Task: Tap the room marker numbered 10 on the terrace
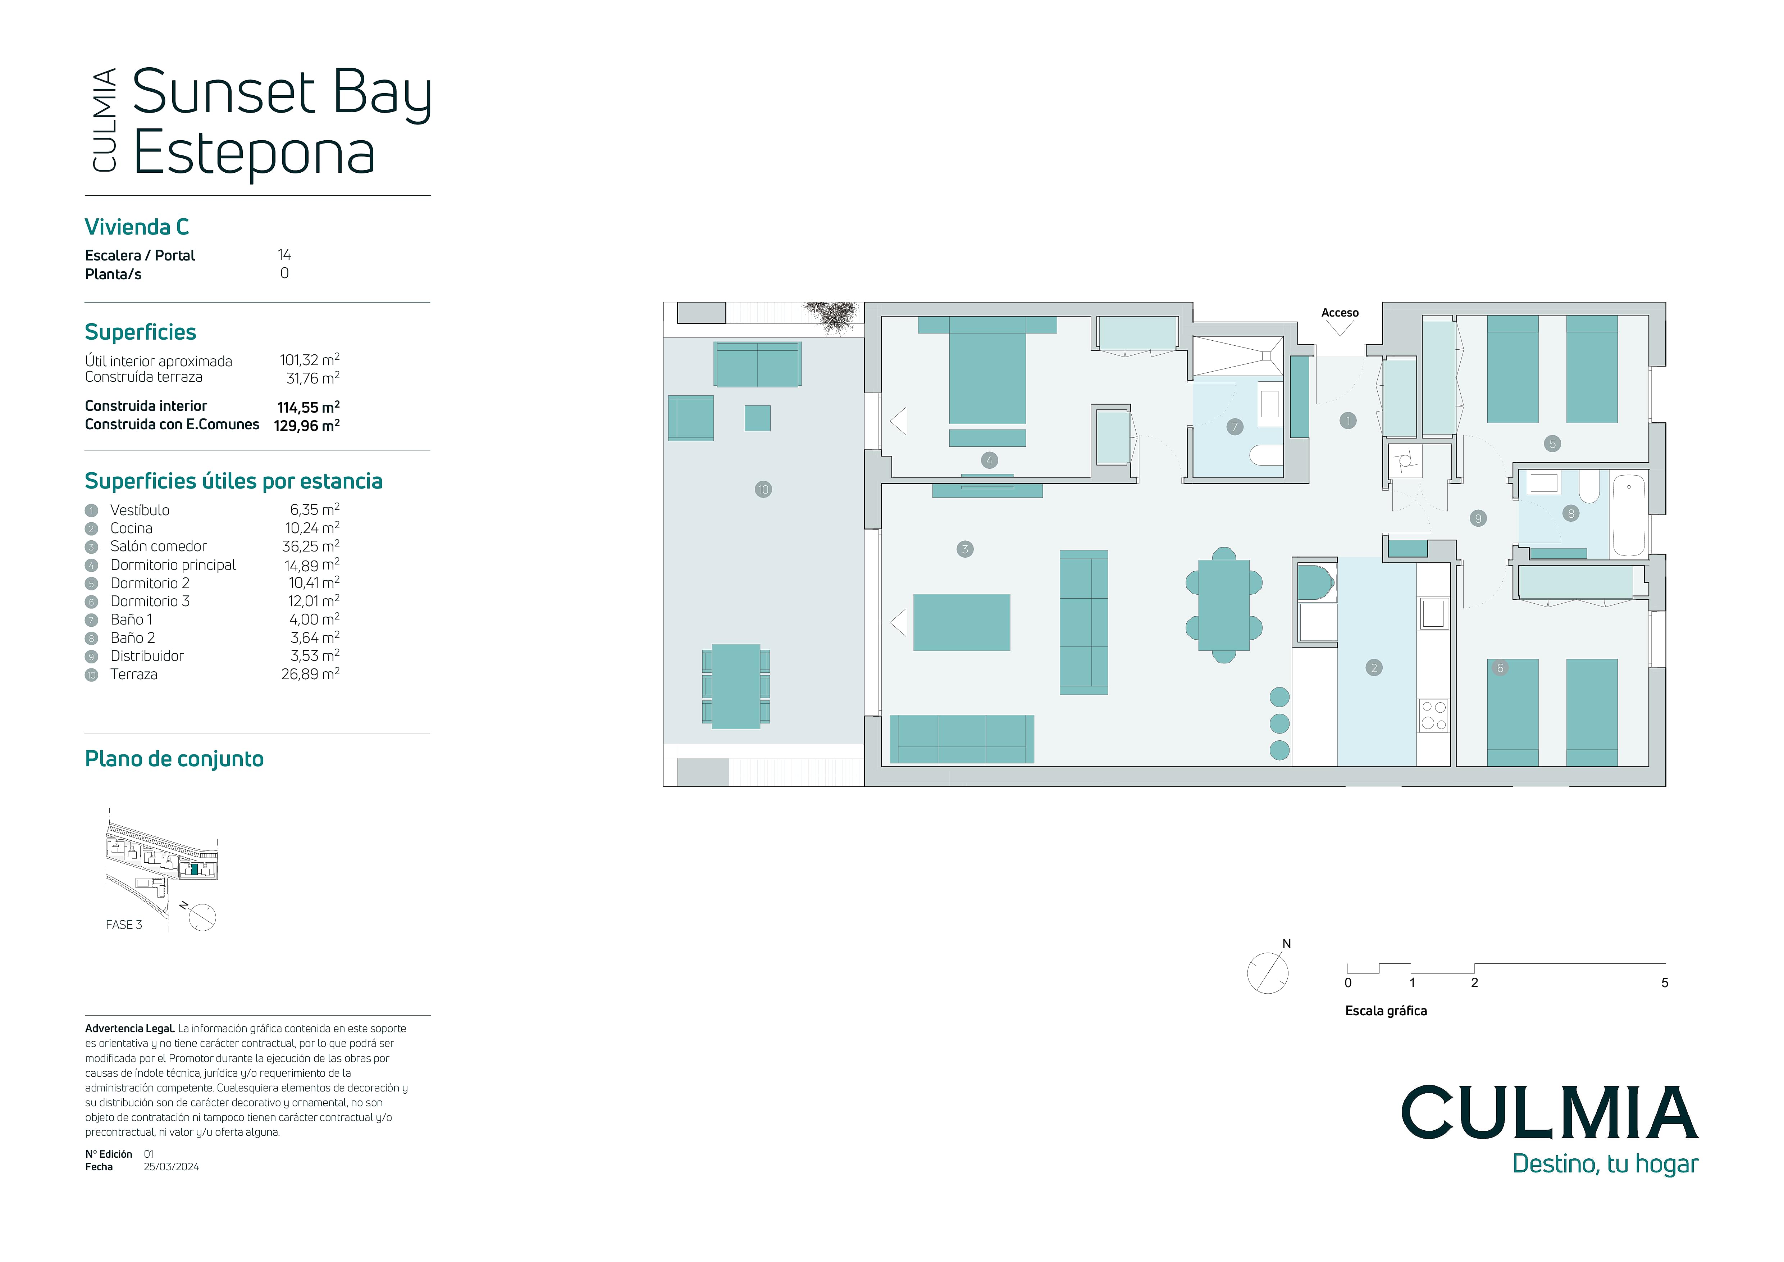[763, 490]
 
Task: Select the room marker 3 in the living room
[965, 549]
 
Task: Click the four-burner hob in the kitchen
[1434, 716]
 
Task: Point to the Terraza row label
[134, 675]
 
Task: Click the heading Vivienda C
[137, 227]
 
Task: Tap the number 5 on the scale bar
[1664, 983]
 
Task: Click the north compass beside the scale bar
[1268, 971]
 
